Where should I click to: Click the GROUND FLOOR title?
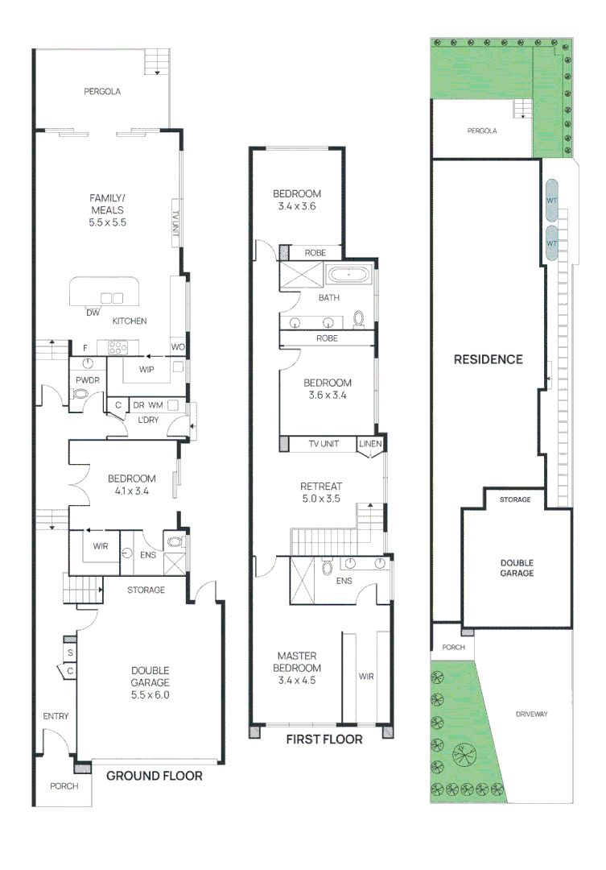[155, 776]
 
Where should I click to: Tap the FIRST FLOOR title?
[324, 739]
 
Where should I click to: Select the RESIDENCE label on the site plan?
[489, 359]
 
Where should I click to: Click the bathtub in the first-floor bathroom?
[348, 275]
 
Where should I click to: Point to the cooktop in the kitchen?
[117, 348]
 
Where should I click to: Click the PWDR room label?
[88, 380]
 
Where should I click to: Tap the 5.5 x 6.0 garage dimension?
[150, 694]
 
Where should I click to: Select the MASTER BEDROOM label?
[297, 662]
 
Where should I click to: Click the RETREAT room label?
[321, 486]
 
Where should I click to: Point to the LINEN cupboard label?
[370, 443]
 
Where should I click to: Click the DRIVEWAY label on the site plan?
[532, 714]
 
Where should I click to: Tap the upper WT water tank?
[551, 200]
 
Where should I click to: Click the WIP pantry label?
[146, 369]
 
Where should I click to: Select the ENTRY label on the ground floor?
[56, 716]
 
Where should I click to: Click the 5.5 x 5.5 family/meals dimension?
[108, 222]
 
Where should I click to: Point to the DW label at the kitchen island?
[93, 313]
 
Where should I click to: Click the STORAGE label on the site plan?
[515, 499]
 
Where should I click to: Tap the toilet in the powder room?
[81, 394]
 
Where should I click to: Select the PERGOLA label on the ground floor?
[102, 91]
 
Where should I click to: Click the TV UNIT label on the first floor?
[324, 443]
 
